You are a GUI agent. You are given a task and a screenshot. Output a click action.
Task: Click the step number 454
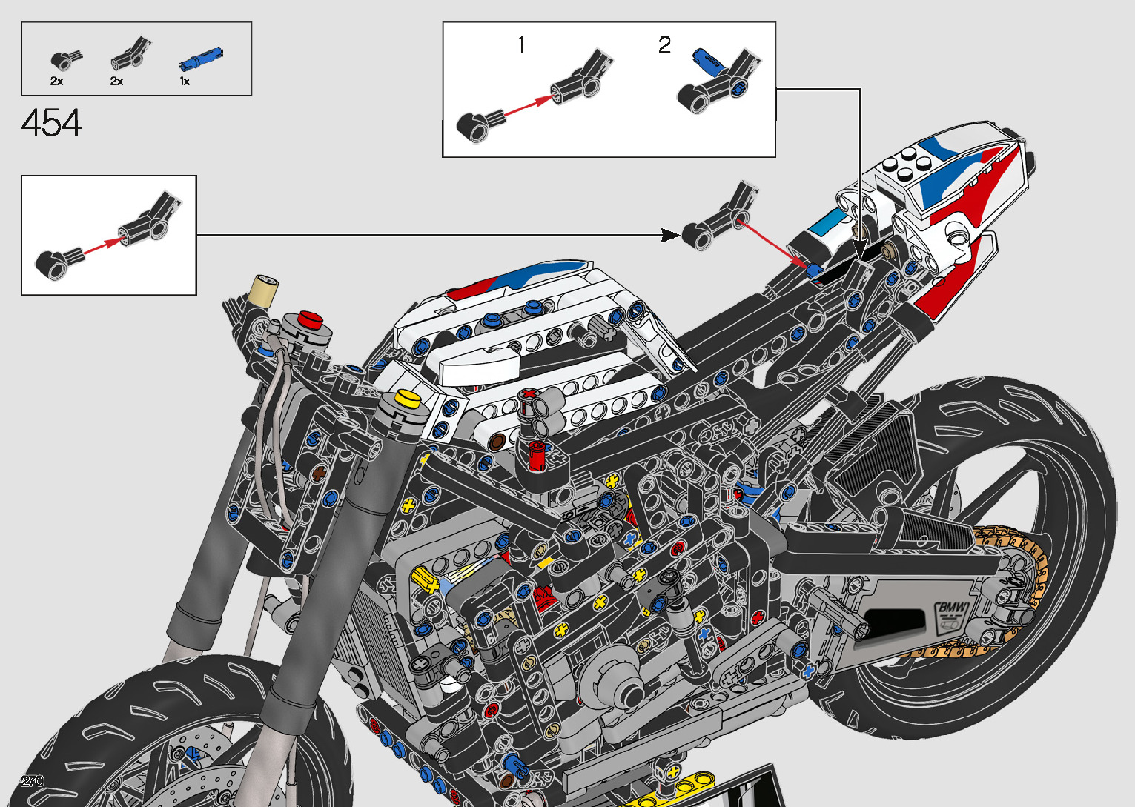click(x=51, y=124)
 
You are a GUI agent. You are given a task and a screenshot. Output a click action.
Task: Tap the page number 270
click(x=33, y=781)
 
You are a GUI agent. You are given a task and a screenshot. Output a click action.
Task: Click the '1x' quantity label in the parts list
click(x=185, y=82)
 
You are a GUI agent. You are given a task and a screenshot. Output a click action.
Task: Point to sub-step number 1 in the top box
click(x=522, y=46)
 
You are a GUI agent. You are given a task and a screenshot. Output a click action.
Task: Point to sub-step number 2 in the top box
click(x=664, y=46)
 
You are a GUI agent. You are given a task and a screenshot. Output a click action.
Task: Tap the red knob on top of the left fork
click(x=311, y=320)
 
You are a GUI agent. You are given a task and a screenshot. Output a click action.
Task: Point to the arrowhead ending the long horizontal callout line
click(x=670, y=236)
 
